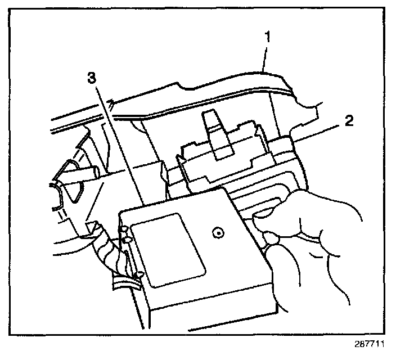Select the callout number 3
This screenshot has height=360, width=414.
tap(92, 79)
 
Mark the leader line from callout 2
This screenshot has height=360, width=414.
tap(315, 133)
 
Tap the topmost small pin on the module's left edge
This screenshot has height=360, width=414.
tap(123, 229)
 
